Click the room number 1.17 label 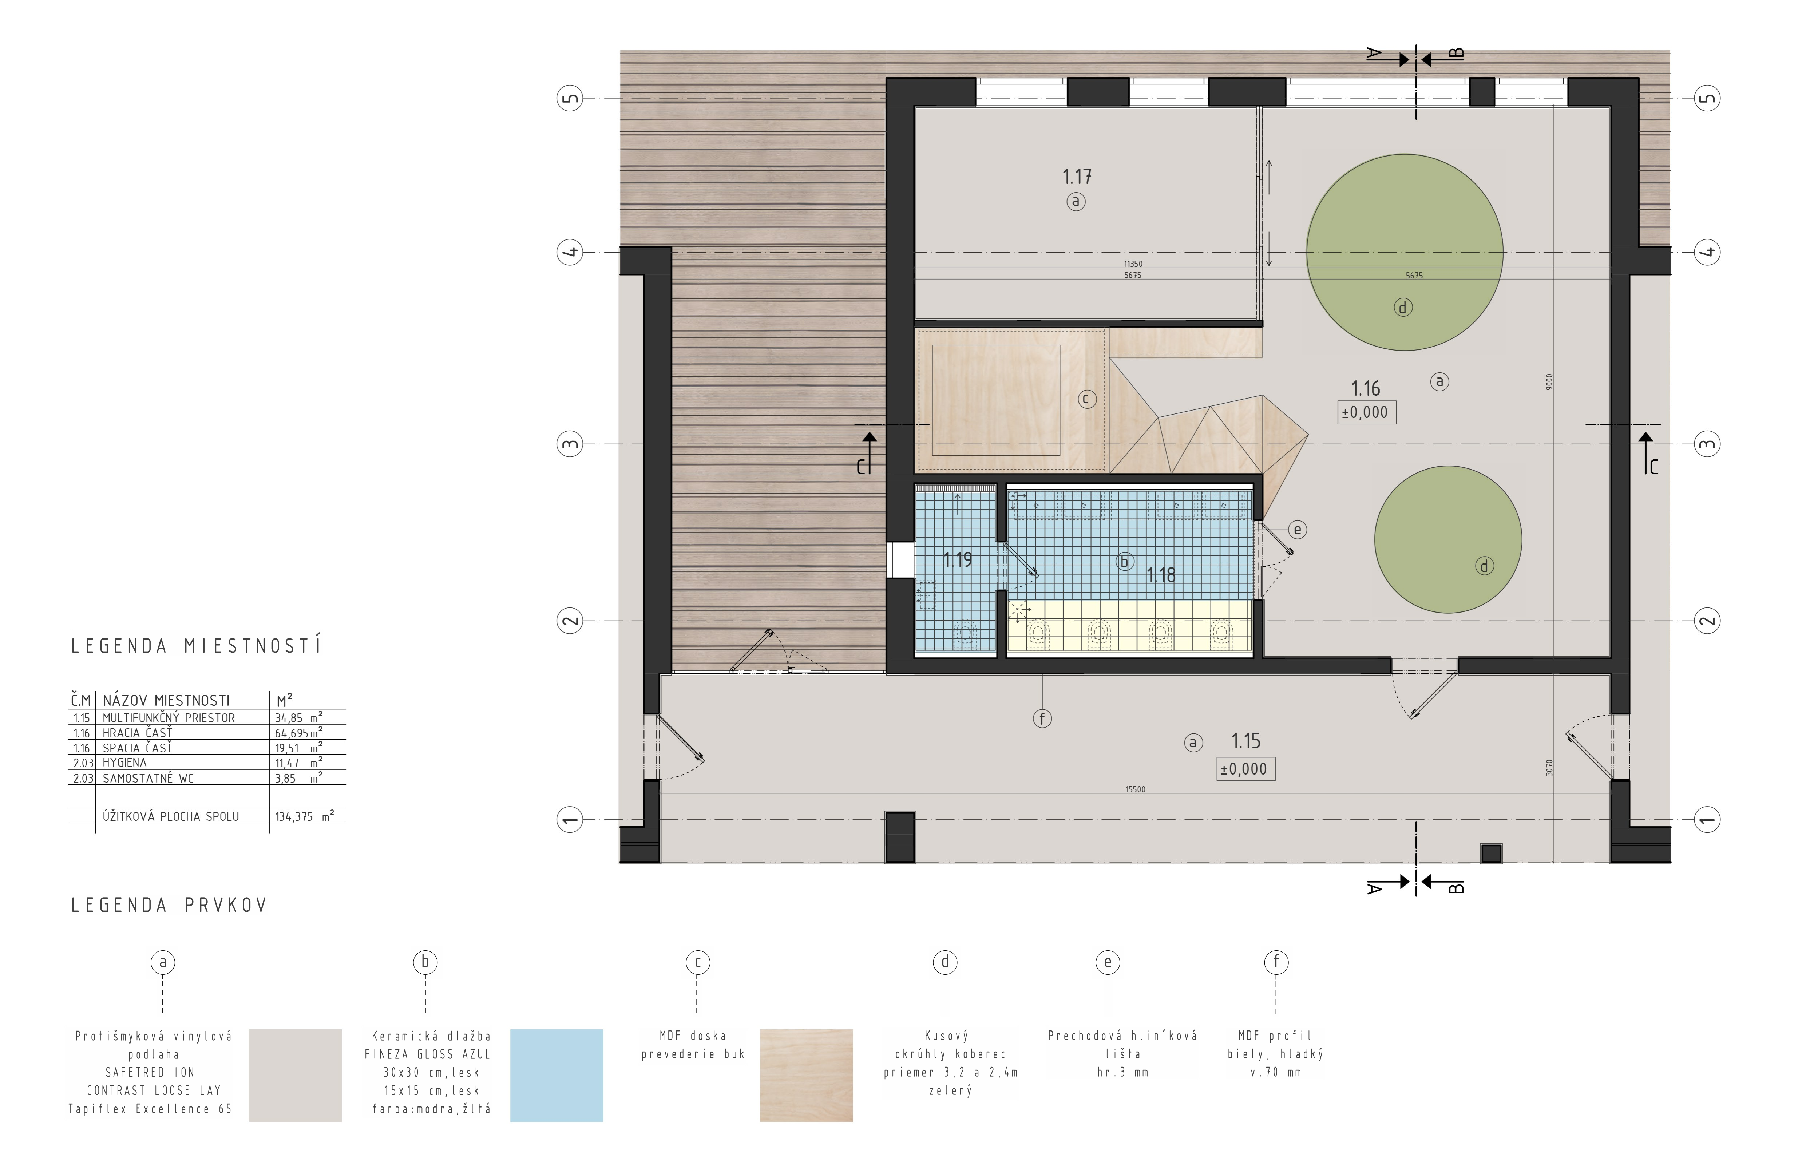[1077, 177]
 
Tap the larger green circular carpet [1405, 252]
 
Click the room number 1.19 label [958, 560]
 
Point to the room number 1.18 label [1161, 575]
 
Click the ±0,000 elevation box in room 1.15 [1245, 769]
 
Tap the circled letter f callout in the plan [1043, 718]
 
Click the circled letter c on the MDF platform [1088, 399]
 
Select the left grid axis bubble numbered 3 [570, 444]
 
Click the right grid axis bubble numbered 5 [1707, 98]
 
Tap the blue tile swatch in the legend [556, 1076]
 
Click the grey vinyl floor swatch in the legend [295, 1076]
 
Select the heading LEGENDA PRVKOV [169, 906]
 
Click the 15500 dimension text [1135, 789]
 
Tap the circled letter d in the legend [946, 962]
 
